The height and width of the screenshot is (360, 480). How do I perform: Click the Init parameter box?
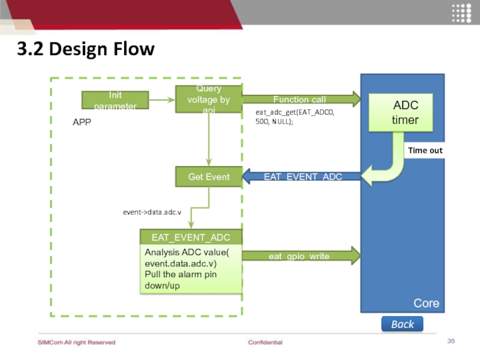click(115, 100)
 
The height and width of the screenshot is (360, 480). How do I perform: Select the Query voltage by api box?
click(208, 99)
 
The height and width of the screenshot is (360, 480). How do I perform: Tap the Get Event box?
click(208, 177)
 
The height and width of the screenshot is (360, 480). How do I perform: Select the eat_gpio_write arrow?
click(300, 256)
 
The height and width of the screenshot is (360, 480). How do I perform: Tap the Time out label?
click(425, 151)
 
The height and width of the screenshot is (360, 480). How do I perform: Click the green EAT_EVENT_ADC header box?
click(191, 238)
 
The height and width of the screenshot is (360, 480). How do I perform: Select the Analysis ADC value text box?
click(191, 269)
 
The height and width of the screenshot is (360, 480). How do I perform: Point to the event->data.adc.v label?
click(152, 212)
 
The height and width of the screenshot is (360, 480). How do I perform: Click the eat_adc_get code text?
click(295, 116)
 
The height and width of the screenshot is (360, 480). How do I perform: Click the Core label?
click(426, 303)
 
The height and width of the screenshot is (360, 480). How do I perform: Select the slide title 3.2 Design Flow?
click(85, 49)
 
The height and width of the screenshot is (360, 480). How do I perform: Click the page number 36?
click(451, 341)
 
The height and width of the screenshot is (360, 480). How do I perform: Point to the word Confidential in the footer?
click(265, 343)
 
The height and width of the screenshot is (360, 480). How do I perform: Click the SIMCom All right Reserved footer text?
click(76, 343)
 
